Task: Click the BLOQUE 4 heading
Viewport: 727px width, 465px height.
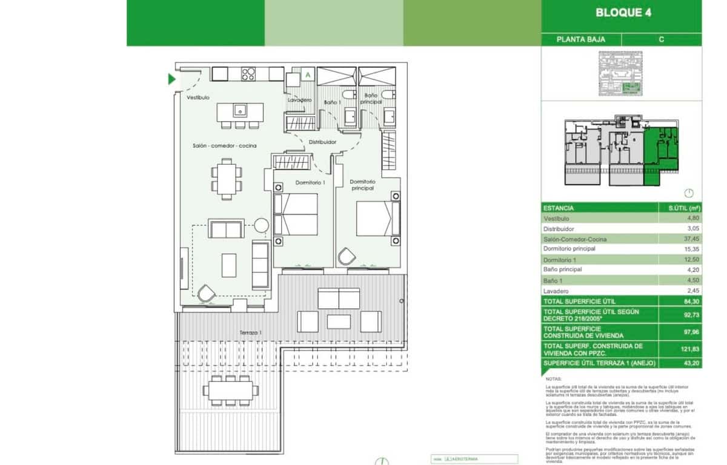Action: [623, 13]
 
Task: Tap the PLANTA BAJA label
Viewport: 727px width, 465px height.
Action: [580, 39]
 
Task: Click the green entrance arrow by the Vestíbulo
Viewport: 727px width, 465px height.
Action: [172, 79]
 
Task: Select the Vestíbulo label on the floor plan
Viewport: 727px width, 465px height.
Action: [198, 97]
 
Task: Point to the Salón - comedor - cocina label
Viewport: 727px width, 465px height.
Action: [224, 146]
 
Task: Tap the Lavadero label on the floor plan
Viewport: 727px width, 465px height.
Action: [300, 100]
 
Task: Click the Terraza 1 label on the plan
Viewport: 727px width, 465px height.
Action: [250, 332]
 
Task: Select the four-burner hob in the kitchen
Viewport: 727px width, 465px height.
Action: [248, 74]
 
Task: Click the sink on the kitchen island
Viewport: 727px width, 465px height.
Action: [240, 111]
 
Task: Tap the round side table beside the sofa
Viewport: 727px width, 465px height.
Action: [261, 225]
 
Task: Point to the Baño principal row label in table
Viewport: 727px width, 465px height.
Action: [563, 269]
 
